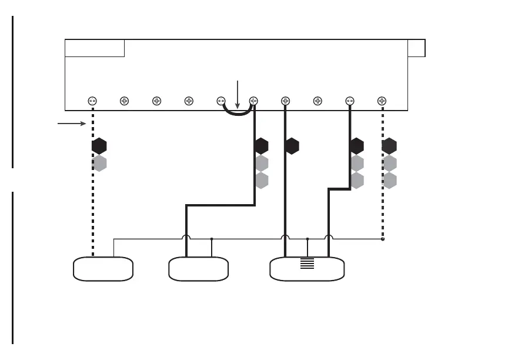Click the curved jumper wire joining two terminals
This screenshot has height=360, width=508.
238,114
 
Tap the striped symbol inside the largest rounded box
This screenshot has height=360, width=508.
307,263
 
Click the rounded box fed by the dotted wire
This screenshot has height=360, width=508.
103,269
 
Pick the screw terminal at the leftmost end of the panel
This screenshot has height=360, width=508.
92,101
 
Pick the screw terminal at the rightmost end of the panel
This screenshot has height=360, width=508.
382,101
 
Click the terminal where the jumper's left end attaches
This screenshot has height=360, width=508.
222,101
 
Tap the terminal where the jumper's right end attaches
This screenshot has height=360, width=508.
254,101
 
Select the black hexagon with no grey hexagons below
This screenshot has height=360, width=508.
292,146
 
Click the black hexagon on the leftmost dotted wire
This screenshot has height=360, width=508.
99,146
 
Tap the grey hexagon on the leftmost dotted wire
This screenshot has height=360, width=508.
99,164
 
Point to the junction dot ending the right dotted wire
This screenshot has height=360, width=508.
382,239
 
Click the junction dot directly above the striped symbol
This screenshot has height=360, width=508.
308,239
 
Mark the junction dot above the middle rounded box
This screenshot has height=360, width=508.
212,239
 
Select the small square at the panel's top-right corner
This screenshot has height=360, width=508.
416,48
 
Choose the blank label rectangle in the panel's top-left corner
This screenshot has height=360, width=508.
95,48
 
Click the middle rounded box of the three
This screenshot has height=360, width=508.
198,269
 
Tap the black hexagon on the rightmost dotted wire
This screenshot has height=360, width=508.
389,146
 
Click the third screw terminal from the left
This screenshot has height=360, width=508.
157,101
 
